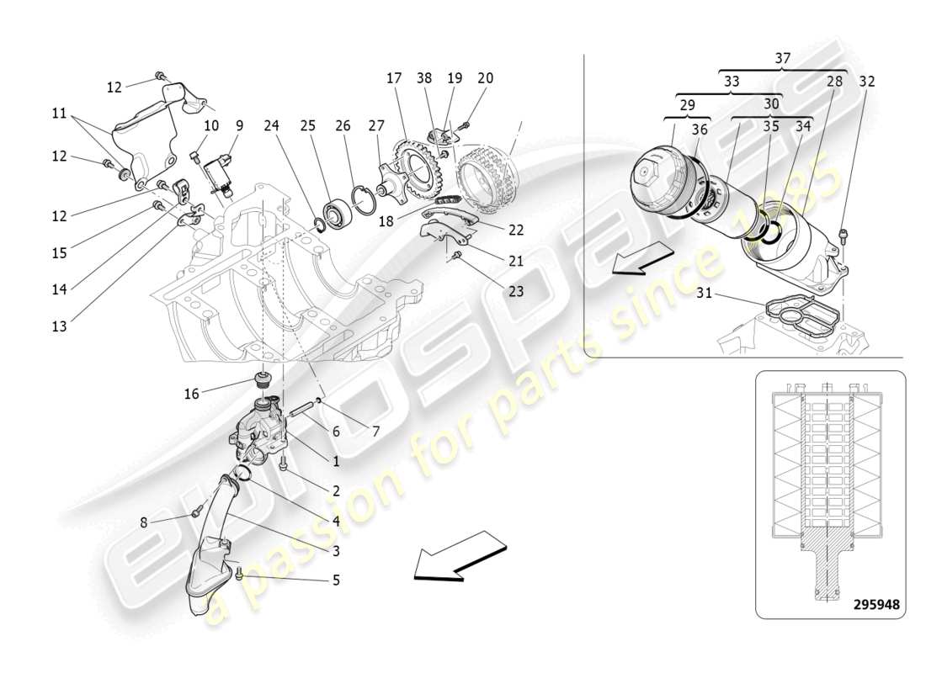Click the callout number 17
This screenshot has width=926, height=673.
tap(394, 78)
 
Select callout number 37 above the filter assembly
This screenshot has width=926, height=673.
tap(783, 58)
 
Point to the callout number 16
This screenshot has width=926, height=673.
tap(192, 393)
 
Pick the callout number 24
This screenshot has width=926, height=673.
tap(272, 126)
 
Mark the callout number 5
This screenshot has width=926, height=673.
tap(336, 580)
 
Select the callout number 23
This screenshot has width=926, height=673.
tap(514, 291)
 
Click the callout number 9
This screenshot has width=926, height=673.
tap(240, 126)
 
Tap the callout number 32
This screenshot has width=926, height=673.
tap(867, 82)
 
